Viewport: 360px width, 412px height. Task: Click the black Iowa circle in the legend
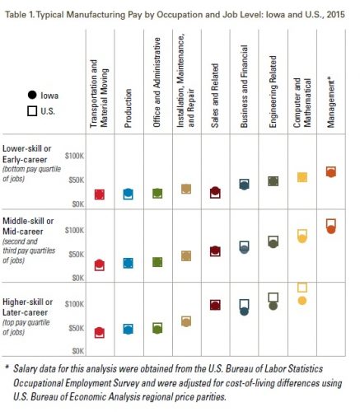point(32,95)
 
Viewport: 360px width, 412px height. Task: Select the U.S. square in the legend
point(32,111)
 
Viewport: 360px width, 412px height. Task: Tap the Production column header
point(129,108)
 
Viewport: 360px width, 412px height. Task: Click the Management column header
point(331,104)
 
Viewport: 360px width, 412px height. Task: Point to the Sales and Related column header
point(215,96)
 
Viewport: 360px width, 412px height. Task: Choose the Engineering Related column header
point(273,91)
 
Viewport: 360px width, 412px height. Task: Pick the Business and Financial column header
point(244,87)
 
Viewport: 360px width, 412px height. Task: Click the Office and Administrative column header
point(157,82)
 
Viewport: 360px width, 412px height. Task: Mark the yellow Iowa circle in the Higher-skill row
point(302,301)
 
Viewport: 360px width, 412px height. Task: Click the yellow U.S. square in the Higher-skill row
point(302,288)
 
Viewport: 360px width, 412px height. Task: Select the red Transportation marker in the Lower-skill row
point(100,194)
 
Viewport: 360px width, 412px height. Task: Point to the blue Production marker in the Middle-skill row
point(129,263)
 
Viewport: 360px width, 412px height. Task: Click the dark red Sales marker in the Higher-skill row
point(215,305)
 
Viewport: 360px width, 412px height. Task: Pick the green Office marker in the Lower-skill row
point(157,194)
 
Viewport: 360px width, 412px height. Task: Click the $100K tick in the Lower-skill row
point(74,156)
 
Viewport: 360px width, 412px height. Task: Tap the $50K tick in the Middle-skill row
point(77,255)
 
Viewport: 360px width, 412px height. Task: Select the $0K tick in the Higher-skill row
point(78,351)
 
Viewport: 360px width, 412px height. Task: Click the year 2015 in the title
point(336,14)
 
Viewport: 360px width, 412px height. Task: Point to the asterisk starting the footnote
point(7,367)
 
